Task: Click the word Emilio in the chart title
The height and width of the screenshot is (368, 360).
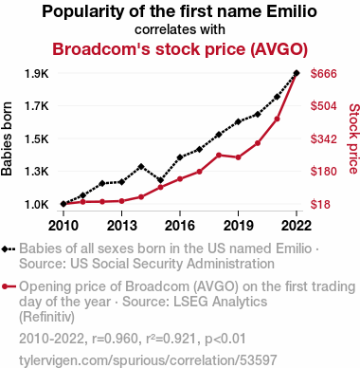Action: (x=292, y=11)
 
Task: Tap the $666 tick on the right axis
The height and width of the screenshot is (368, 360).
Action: (x=324, y=74)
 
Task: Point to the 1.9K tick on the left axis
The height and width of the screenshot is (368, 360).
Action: (x=37, y=74)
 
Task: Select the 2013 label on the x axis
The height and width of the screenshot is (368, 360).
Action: (x=121, y=226)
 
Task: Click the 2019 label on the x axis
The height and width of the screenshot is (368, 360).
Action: (x=238, y=226)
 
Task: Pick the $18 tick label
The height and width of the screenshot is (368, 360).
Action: (x=320, y=204)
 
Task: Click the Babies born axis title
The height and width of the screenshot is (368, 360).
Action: (x=7, y=138)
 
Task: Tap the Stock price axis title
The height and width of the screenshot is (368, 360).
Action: (x=354, y=138)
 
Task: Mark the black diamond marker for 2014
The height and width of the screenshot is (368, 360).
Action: (x=141, y=166)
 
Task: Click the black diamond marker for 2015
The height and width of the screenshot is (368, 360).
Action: (x=160, y=180)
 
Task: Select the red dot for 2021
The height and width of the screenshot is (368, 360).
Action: (x=277, y=120)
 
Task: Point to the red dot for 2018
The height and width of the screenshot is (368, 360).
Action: (x=219, y=155)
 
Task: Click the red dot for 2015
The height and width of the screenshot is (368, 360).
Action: (x=160, y=187)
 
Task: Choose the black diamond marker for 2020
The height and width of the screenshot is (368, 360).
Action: (x=258, y=114)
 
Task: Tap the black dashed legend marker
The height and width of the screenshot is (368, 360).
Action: (x=9, y=249)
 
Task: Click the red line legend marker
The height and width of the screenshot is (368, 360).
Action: (x=9, y=286)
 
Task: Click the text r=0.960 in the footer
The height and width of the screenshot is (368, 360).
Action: (x=115, y=339)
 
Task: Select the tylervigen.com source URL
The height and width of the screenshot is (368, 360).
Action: (x=148, y=360)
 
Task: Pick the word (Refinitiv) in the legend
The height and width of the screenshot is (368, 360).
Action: (x=46, y=317)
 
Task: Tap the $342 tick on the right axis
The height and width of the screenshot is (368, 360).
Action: (x=324, y=138)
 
